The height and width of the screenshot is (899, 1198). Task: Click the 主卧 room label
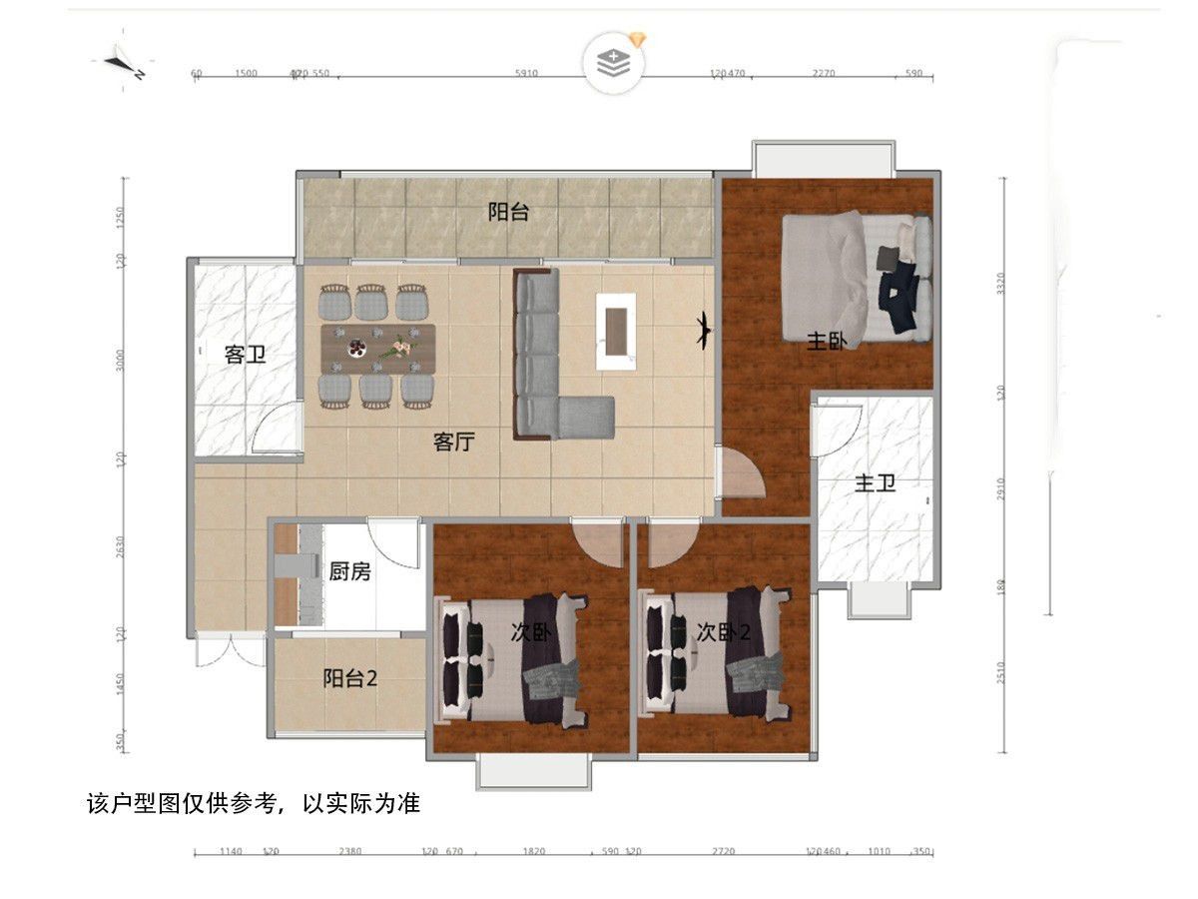click(827, 342)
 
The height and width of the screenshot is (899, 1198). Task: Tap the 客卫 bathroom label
click(245, 354)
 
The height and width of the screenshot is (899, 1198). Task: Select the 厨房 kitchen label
click(349, 571)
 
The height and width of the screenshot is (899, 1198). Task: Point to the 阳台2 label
click(350, 678)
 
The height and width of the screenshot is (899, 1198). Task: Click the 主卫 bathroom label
click(875, 484)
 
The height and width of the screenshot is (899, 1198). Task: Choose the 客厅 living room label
click(454, 442)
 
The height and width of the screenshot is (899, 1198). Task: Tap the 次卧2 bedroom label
click(723, 631)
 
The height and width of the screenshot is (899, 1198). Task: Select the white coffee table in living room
click(617, 331)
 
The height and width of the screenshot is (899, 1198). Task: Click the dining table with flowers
click(378, 348)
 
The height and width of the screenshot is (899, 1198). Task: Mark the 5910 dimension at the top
click(526, 73)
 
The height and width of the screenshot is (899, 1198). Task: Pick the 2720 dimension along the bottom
click(723, 851)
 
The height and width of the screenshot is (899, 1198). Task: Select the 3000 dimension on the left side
click(120, 360)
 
